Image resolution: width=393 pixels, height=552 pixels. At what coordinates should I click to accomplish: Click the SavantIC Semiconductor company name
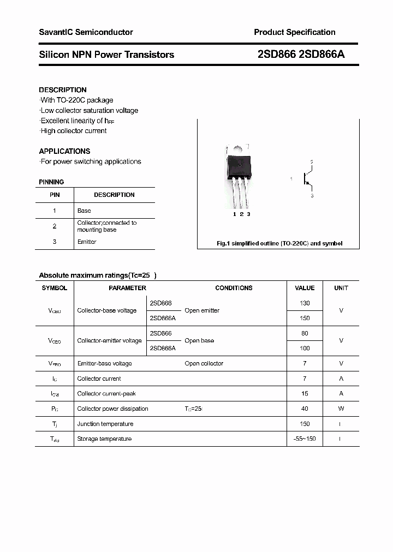86,32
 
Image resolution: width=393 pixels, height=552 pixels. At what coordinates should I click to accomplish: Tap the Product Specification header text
294,32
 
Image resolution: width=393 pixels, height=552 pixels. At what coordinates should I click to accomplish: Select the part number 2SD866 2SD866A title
300,55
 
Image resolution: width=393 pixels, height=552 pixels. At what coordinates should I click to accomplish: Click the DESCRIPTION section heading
63,90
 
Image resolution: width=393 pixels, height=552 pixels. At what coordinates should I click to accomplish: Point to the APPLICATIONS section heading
64,151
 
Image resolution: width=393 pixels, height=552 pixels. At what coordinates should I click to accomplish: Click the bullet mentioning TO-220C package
76,100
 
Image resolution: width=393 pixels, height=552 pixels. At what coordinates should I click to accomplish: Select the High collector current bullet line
73,131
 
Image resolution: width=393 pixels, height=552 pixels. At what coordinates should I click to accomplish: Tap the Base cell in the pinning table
84,211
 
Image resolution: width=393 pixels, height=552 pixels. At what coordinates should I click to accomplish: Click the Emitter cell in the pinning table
87,242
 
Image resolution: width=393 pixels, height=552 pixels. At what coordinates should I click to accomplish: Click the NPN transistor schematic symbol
307,179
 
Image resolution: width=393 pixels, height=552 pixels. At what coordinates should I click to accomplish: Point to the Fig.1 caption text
279,243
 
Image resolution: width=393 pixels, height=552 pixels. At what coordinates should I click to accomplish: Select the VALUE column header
305,288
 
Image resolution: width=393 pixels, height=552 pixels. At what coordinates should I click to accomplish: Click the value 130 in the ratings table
305,303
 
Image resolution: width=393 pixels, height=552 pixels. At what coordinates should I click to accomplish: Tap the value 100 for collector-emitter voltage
305,348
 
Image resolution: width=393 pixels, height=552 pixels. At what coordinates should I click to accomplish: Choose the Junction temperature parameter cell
105,424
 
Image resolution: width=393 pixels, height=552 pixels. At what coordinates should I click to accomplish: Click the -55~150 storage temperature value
305,439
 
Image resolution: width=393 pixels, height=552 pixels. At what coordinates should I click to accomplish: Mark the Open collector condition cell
204,363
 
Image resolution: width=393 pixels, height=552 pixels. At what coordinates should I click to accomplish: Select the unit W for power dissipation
341,409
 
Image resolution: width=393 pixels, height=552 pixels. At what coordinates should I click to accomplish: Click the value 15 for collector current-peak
305,393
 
